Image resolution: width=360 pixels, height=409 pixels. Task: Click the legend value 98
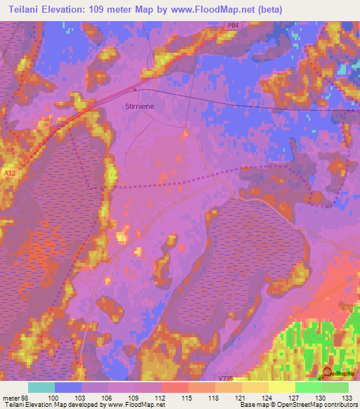(25, 397)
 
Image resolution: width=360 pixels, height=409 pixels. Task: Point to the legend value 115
(188, 397)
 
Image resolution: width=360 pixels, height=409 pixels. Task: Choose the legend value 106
(107, 397)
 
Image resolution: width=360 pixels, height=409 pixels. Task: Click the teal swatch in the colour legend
(41, 387)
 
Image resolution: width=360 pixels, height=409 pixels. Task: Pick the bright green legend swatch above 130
(308, 387)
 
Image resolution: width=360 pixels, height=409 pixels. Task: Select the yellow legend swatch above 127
(281, 387)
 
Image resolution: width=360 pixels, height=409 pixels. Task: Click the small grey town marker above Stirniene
(136, 89)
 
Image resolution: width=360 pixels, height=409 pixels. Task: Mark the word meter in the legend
(10, 397)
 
